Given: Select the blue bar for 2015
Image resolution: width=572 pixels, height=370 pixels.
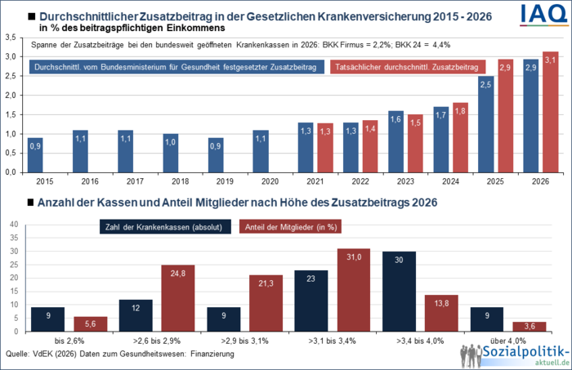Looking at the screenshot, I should pos(36,155).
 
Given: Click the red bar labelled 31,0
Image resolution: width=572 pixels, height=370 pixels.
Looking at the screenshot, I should pos(353,290).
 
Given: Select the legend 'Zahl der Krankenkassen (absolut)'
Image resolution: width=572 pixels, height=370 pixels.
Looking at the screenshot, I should pos(164,228).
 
